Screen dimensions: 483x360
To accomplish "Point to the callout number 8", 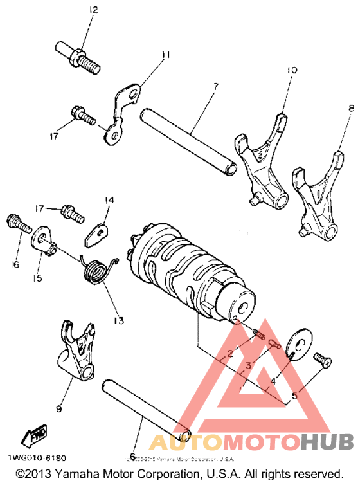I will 351,107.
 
